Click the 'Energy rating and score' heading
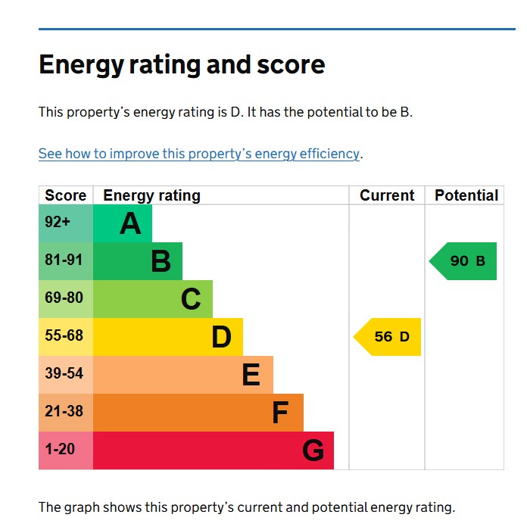(x=182, y=65)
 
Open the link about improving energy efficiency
(x=199, y=154)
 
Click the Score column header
(x=66, y=195)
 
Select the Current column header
(x=387, y=195)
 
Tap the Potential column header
(x=466, y=195)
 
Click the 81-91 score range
(x=64, y=260)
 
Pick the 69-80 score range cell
(x=64, y=298)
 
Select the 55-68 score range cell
(x=64, y=336)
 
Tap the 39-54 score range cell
(x=64, y=374)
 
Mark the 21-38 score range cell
(x=64, y=412)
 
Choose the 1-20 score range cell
(x=60, y=450)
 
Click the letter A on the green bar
(x=130, y=223)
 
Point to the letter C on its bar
(x=191, y=299)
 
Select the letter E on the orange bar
(x=251, y=375)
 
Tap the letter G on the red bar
(x=313, y=450)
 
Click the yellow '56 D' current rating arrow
(x=388, y=337)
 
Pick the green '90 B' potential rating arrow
(x=464, y=261)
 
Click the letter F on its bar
(x=280, y=413)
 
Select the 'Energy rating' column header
(x=151, y=195)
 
